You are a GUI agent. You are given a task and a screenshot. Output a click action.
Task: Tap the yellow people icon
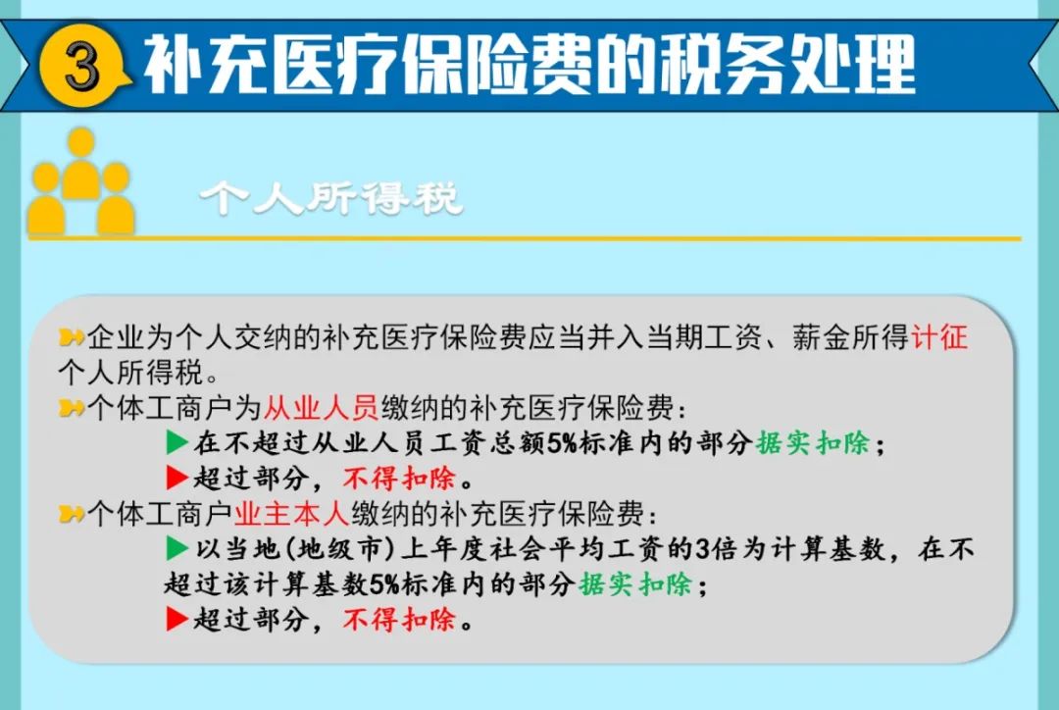pyautogui.click(x=81, y=181)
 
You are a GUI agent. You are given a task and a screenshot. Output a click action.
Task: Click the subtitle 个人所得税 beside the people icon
pyautogui.click(x=330, y=199)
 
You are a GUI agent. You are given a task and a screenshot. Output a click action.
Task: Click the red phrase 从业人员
pyautogui.click(x=321, y=407)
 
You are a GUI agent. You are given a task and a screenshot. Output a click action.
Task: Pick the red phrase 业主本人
pyautogui.click(x=292, y=514)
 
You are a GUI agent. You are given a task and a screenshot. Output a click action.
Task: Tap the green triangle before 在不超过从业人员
pyautogui.click(x=176, y=442)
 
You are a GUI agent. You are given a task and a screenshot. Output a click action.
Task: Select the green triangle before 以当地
pyautogui.click(x=176, y=548)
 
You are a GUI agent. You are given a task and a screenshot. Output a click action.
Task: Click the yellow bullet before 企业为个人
pyautogui.click(x=71, y=336)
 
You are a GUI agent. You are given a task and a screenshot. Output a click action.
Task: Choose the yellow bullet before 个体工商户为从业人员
pyautogui.click(x=71, y=407)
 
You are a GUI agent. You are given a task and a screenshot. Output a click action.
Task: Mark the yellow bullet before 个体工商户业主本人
pyautogui.click(x=71, y=514)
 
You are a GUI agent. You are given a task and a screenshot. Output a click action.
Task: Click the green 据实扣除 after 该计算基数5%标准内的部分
pyautogui.click(x=635, y=584)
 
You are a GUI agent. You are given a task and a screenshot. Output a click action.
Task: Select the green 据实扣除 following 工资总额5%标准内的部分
pyautogui.click(x=813, y=443)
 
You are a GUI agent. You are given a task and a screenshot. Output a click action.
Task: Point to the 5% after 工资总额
pyautogui.click(x=562, y=444)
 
